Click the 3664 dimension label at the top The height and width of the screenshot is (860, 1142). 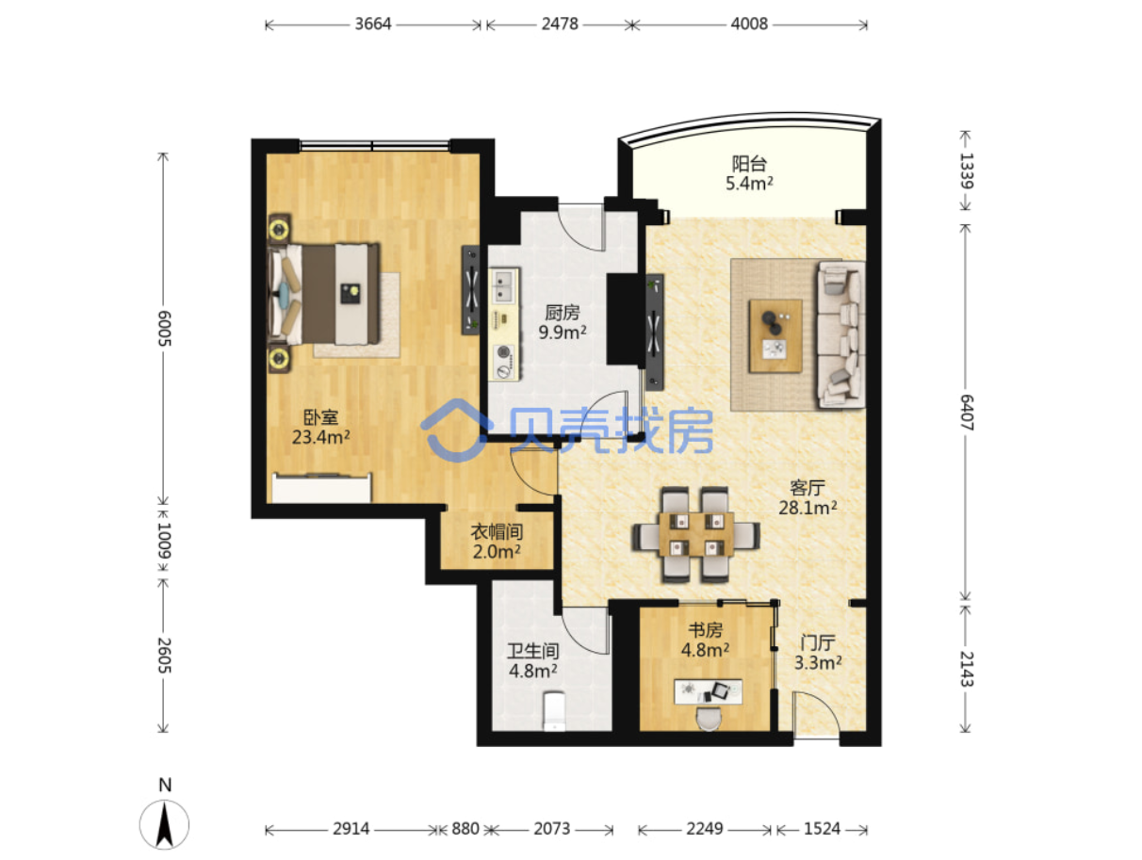pyautogui.click(x=372, y=24)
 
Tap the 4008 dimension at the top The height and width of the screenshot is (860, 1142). pyautogui.click(x=749, y=24)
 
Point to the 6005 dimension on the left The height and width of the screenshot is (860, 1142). pyautogui.click(x=164, y=328)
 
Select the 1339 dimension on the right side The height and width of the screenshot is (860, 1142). pyautogui.click(x=966, y=170)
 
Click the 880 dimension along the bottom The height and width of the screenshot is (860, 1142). pyautogui.click(x=465, y=828)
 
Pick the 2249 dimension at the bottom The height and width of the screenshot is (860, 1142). pyautogui.click(x=704, y=828)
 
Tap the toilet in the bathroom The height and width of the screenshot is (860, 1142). pyautogui.click(x=554, y=710)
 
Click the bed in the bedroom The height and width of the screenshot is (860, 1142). pyautogui.click(x=323, y=293)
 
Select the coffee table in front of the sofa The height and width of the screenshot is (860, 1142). pyautogui.click(x=775, y=335)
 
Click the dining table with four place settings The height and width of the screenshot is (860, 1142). pyautogui.click(x=695, y=534)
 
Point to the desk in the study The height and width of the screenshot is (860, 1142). pyautogui.click(x=708, y=691)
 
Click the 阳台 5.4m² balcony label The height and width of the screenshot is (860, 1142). pyautogui.click(x=749, y=173)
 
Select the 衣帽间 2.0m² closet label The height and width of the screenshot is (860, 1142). pyautogui.click(x=497, y=542)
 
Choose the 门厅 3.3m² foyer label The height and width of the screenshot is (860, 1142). pyautogui.click(x=817, y=653)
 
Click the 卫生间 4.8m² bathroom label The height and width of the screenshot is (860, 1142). pyautogui.click(x=532, y=661)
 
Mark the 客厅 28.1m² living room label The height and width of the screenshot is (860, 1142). pyautogui.click(x=807, y=497)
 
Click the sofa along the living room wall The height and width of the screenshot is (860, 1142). pyautogui.click(x=841, y=333)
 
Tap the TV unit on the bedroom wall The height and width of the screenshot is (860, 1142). pyautogui.click(x=470, y=289)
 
